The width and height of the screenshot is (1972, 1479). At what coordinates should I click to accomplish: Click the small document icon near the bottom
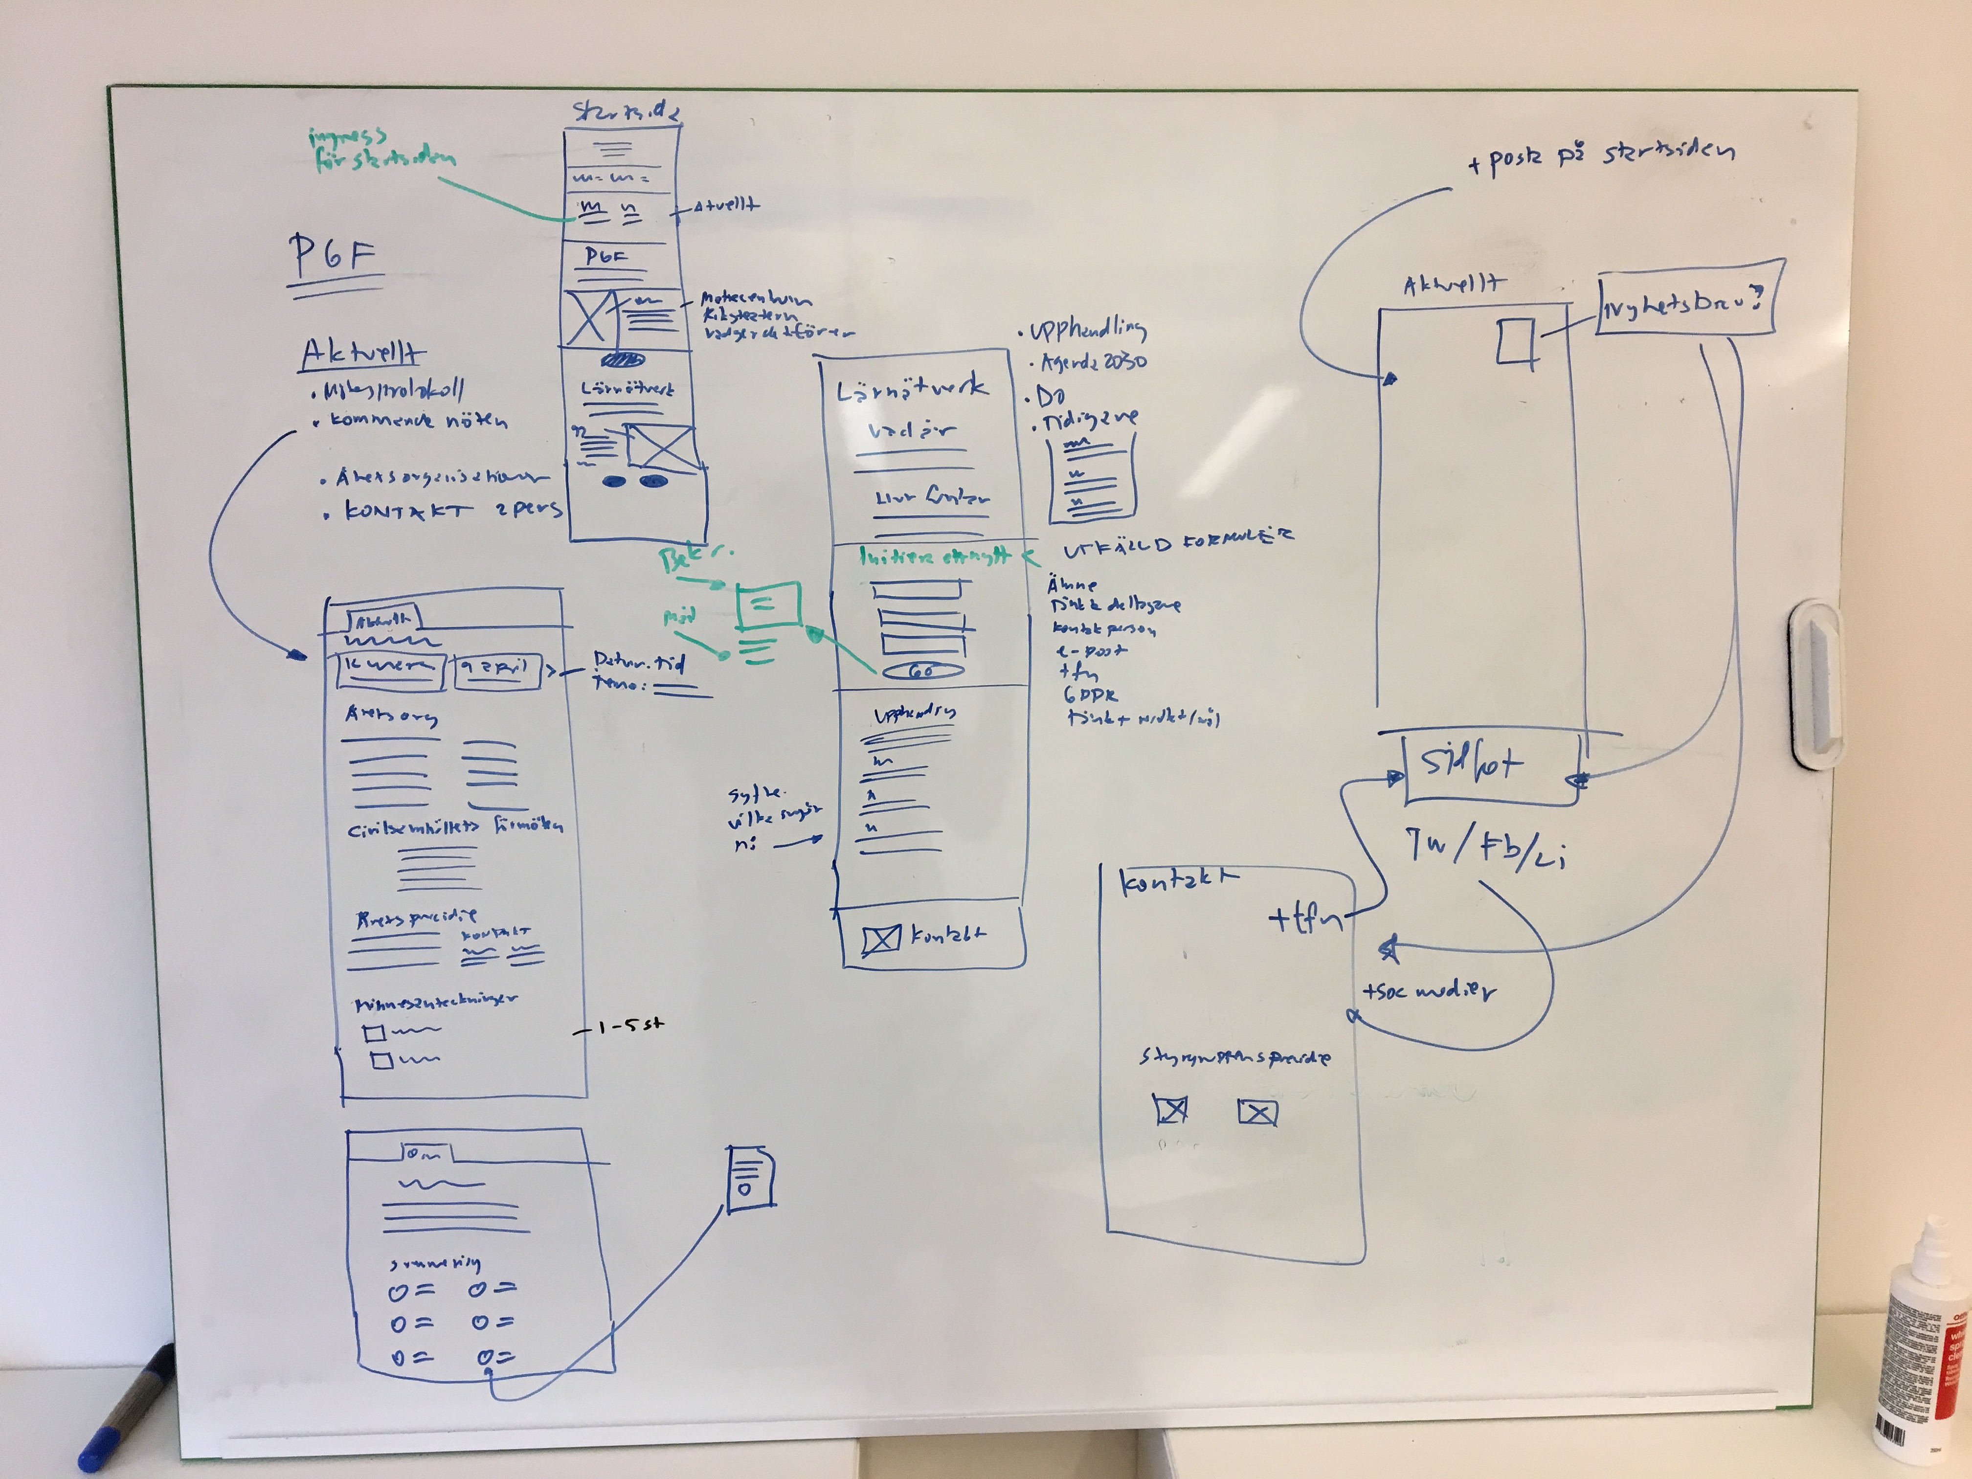pyautogui.click(x=749, y=1180)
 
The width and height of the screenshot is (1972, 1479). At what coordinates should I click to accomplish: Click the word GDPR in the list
pyautogui.click(x=1089, y=695)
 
